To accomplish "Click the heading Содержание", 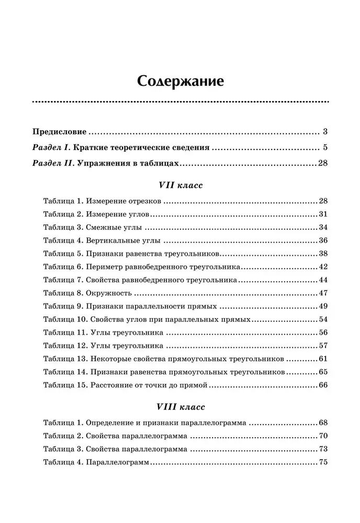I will coord(181,82).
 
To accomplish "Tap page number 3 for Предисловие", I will coord(325,131).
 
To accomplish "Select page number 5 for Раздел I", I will coord(325,147).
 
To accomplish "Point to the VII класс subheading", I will coord(180,185).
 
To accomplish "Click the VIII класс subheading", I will coord(180,406).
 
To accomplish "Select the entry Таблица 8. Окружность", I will coord(87,293).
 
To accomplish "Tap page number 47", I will coord(322,293).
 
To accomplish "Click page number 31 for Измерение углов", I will coord(322,214).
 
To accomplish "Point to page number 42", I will coord(322,267).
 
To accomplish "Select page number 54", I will coord(322,319).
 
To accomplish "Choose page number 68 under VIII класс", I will coord(322,422).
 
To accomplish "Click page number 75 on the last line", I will coord(322,462).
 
